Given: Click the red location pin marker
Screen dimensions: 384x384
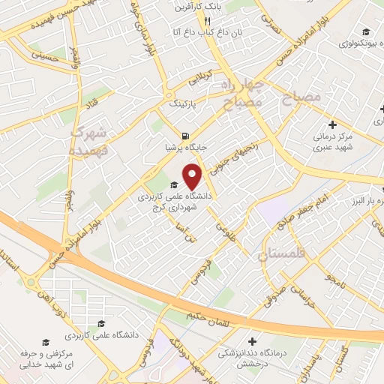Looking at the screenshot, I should click(193, 177).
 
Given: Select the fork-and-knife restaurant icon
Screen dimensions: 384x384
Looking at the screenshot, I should click(197, 22).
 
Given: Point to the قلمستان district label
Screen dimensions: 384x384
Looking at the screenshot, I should click(283, 255).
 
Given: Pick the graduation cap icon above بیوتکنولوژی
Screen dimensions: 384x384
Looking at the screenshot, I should click(365, 31).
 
